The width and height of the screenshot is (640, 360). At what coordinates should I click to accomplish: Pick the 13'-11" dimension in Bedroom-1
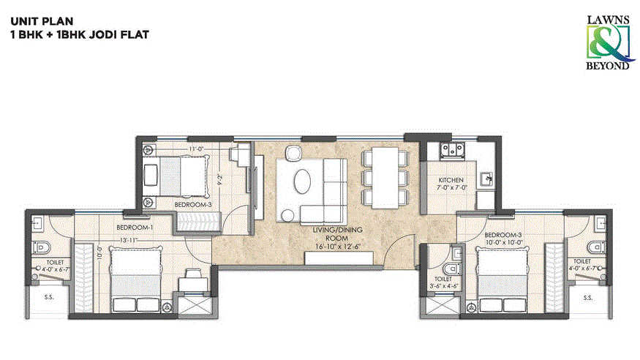(x=129, y=239)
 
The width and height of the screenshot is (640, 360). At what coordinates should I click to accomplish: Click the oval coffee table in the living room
(x=302, y=181)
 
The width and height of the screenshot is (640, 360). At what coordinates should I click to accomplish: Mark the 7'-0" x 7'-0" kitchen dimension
(x=452, y=188)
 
